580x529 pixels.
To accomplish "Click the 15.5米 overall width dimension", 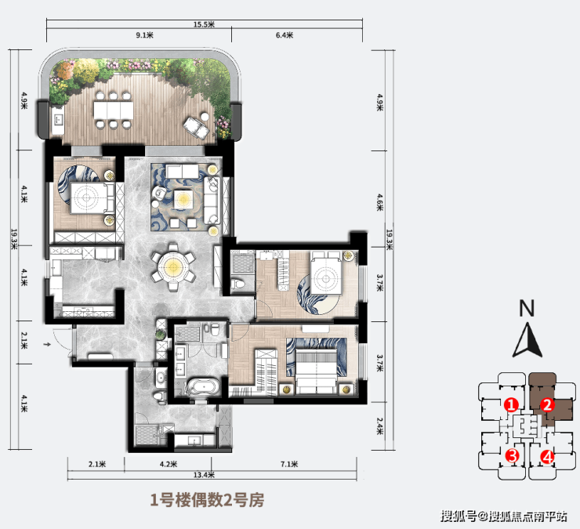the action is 204,24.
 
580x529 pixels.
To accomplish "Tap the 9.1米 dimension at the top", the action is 145,35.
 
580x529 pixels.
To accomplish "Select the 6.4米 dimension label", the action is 285,35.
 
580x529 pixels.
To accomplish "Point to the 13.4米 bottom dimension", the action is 204,475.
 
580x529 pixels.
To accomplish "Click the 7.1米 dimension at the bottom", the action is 289,464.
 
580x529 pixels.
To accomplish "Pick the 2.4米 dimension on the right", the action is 380,426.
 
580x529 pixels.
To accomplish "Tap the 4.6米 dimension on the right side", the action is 380,202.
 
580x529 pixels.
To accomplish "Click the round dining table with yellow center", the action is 172,266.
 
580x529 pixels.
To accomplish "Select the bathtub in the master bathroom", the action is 203,388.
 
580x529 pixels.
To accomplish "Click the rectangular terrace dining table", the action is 113,110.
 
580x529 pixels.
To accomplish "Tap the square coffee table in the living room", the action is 183,200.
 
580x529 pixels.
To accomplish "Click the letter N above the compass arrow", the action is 527,308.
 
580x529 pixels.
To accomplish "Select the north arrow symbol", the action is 527,340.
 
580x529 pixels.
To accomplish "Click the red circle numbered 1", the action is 512,405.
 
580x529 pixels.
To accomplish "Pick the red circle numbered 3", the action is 513,455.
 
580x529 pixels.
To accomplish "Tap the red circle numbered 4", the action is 547,457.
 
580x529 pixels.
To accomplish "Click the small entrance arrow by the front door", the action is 46,345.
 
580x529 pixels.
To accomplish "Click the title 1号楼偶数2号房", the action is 207,501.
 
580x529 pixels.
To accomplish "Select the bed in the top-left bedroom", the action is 92,198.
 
